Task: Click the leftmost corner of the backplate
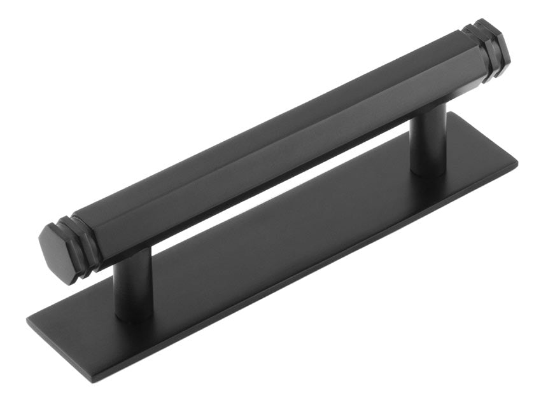click(28, 319)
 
